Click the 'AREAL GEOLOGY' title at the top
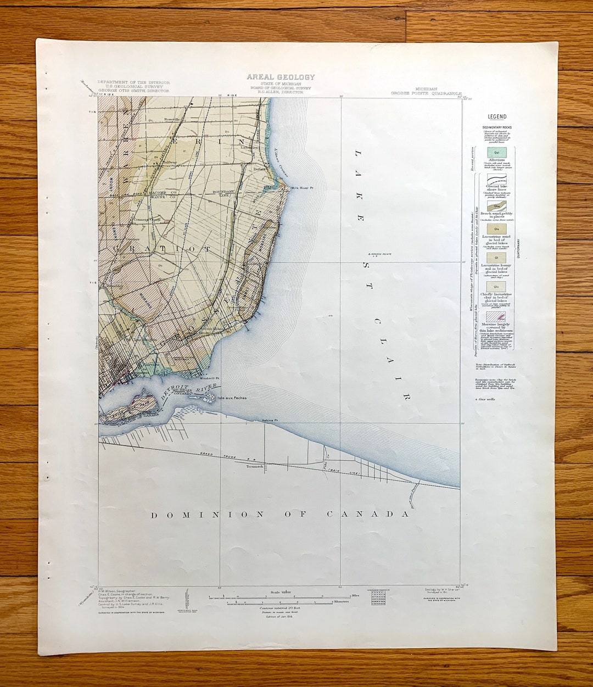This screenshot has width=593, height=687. [281, 77]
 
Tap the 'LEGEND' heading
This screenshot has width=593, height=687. [496, 117]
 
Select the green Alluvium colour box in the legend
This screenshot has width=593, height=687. [496, 152]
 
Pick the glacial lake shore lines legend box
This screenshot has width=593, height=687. [496, 181]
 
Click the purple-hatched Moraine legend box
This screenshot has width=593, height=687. [496, 316]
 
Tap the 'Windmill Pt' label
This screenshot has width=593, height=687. [210, 378]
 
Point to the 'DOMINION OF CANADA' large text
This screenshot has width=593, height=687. [280, 515]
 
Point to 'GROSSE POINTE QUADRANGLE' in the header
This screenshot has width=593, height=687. [426, 93]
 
